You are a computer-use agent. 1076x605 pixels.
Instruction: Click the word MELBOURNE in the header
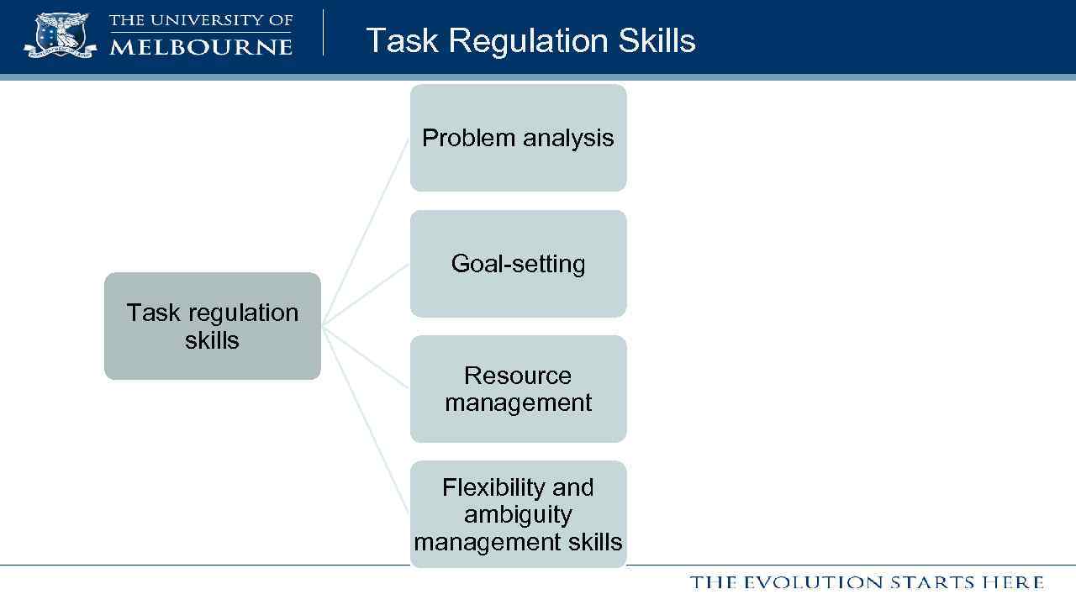(201, 46)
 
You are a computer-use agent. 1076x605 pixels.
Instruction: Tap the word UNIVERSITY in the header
(198, 20)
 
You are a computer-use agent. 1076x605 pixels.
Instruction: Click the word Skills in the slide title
(658, 40)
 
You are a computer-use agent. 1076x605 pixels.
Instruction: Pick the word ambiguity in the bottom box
(518, 515)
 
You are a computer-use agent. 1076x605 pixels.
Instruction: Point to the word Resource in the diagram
(518, 375)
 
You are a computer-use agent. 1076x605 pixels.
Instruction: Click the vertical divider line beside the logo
(324, 34)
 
